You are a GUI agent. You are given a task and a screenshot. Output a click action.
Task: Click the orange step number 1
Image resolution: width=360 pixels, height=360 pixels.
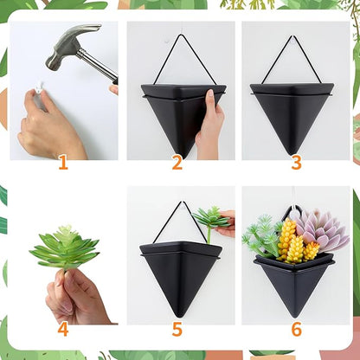pos(62,162)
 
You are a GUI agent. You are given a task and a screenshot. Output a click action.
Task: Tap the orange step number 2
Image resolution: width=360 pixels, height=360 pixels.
pos(177,162)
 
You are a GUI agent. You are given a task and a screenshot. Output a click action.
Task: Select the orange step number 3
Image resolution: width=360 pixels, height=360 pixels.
pos(296,162)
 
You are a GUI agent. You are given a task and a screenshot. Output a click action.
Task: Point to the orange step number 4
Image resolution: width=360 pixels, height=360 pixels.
pos(62,329)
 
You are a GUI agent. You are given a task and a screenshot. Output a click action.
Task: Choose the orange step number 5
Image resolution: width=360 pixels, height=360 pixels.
pos(177,329)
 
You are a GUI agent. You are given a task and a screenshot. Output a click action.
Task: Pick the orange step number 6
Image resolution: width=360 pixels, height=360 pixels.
pos(296,329)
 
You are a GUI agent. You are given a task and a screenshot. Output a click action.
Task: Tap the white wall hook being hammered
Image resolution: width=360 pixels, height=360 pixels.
pos(40,87)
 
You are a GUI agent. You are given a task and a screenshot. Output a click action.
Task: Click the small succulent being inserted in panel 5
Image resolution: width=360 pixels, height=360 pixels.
pos(210,216)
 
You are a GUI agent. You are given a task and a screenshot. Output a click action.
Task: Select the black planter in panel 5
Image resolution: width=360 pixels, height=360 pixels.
pos(179,273)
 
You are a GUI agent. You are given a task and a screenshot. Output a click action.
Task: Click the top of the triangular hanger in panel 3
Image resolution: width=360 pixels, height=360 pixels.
pos(295,38)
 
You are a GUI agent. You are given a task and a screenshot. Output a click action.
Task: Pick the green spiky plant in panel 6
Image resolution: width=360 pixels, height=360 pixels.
pos(261,238)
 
